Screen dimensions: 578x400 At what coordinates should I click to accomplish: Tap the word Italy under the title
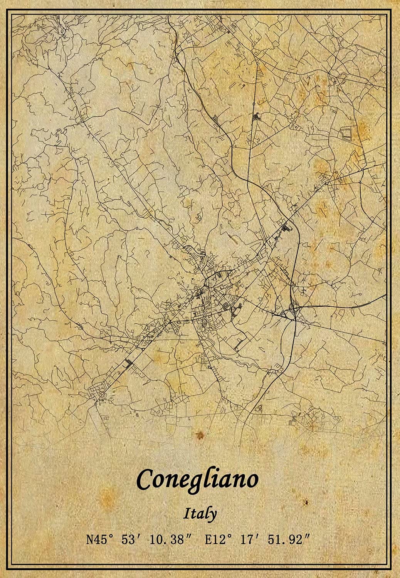pos(200,514)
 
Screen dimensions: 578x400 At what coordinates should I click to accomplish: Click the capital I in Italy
pos(187,513)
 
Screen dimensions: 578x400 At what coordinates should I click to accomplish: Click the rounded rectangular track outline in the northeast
pos(348,134)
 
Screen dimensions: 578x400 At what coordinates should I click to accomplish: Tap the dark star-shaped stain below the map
pos(200,436)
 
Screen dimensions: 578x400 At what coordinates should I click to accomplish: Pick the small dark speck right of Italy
pos(307,503)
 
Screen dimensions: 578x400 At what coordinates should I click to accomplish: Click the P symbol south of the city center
pos(209,367)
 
